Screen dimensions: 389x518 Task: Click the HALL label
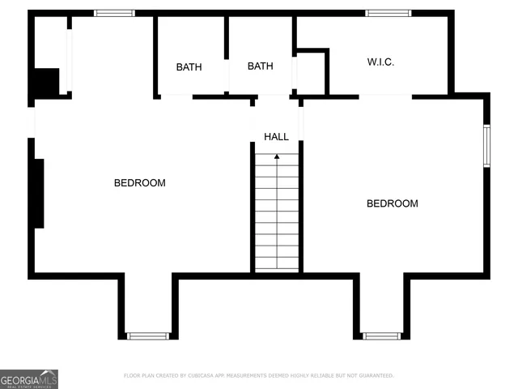click(x=276, y=137)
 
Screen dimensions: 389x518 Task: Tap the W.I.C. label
click(x=380, y=62)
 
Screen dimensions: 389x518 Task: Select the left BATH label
click(x=189, y=67)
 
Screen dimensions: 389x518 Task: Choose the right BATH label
click(x=260, y=66)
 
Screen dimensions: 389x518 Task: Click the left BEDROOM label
click(x=139, y=183)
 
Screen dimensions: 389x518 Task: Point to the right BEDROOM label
click(x=393, y=203)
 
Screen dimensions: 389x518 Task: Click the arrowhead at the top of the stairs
click(x=277, y=155)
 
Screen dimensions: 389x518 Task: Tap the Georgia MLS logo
click(x=29, y=378)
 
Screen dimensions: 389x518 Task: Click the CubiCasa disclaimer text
click(x=258, y=376)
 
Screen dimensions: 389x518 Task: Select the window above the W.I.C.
click(x=388, y=13)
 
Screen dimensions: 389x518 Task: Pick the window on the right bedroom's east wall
click(x=486, y=146)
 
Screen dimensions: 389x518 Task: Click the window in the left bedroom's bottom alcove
click(x=148, y=336)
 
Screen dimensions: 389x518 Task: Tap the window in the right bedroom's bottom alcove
click(x=381, y=336)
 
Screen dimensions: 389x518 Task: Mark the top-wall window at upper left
click(x=114, y=13)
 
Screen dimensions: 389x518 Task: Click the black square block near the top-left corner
click(x=45, y=83)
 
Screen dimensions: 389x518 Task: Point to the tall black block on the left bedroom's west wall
click(x=37, y=194)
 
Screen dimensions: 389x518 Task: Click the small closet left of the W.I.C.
click(x=311, y=74)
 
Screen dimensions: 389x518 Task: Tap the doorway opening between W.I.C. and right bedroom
click(x=385, y=96)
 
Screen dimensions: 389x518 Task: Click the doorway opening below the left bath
click(x=176, y=96)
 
